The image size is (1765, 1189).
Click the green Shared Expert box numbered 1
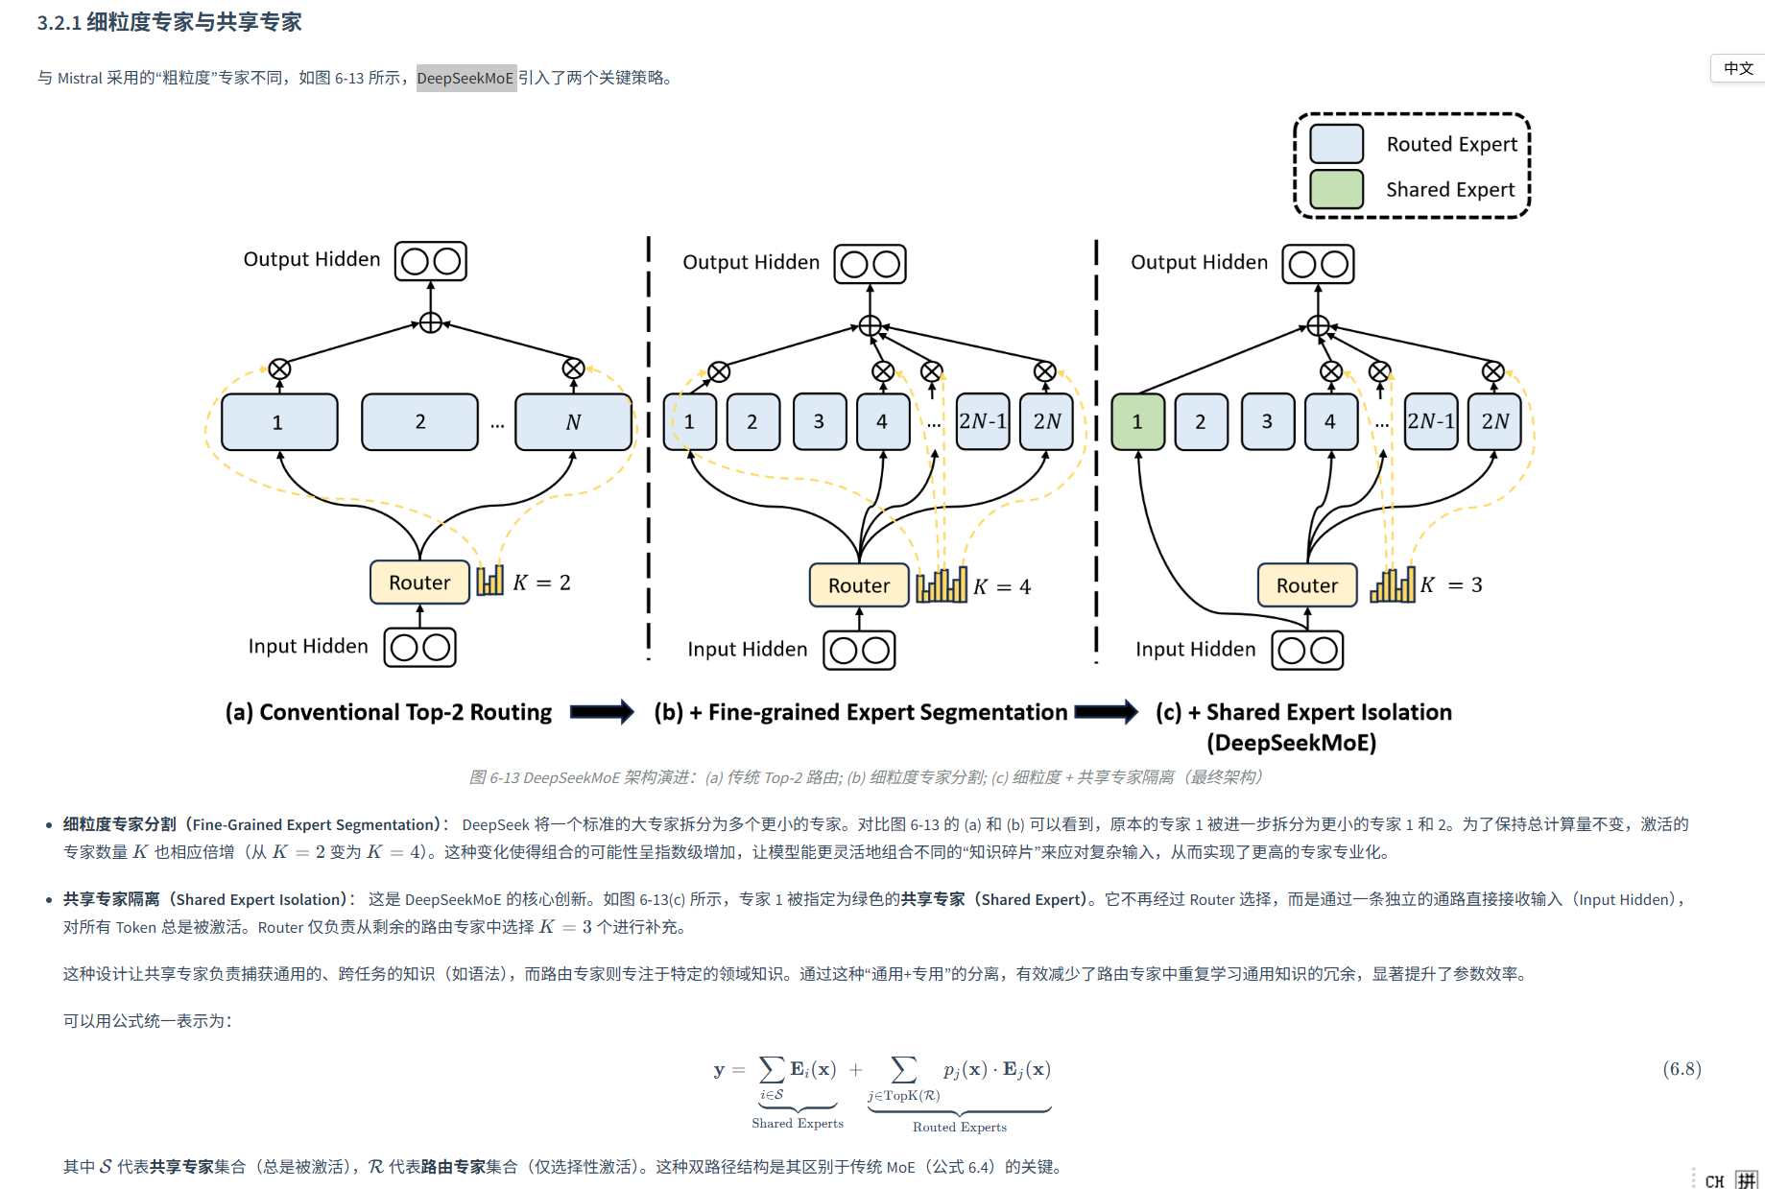[1137, 421]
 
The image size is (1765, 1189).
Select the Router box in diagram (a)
[419, 583]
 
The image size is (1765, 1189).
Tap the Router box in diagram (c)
[1306, 585]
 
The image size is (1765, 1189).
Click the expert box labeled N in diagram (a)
[573, 422]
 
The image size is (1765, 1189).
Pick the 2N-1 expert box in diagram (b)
[983, 421]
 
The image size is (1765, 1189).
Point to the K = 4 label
[1002, 586]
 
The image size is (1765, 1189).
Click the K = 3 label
[1451, 584]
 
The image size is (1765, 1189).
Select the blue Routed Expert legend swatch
[1336, 144]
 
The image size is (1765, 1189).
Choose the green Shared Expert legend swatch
[1336, 189]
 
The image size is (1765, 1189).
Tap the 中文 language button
[1738, 68]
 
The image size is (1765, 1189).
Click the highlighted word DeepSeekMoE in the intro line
[465, 78]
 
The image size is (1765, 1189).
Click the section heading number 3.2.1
[60, 23]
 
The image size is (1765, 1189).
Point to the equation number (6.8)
[1682, 1069]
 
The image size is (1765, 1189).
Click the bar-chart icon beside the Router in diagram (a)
[489, 580]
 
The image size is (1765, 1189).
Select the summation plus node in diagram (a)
[431, 322]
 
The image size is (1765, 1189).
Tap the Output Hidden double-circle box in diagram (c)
[1318, 264]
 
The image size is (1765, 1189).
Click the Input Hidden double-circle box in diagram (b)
[860, 650]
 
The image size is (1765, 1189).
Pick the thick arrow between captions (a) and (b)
[602, 711]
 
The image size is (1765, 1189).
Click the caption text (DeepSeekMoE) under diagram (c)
[1291, 743]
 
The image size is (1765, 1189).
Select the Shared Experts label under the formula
[798, 1123]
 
